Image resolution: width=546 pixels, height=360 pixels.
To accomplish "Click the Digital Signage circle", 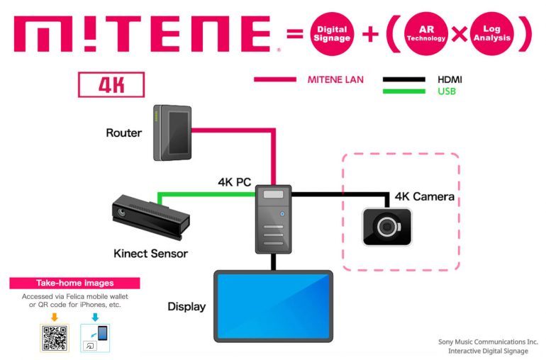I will coord(330,33).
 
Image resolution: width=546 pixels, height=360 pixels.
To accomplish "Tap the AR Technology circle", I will coord(426,33).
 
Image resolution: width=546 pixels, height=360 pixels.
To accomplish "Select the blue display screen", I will coord(273,305).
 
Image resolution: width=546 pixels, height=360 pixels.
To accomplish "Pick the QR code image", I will coord(55,338).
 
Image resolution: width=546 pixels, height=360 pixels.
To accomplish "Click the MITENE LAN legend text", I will coord(335,79).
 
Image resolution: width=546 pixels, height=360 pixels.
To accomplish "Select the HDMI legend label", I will coord(450,79).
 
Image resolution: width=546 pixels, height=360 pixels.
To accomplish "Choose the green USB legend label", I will coord(447,91).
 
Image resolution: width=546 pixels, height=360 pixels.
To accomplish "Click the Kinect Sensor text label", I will coord(150,253).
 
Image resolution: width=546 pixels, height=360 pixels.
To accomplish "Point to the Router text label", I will coord(124,133).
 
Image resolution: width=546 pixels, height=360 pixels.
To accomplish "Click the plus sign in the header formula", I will coord(370,33).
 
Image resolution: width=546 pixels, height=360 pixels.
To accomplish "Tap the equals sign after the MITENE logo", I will coord(296,33).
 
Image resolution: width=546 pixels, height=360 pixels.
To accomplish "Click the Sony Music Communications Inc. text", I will coord(488,341).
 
